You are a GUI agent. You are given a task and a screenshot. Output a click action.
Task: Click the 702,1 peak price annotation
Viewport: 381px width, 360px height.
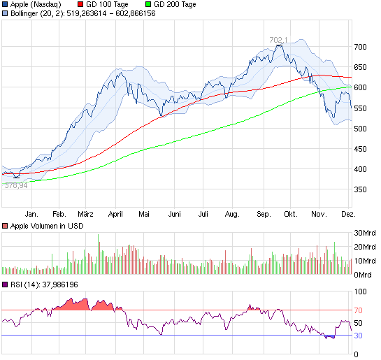click(x=279, y=40)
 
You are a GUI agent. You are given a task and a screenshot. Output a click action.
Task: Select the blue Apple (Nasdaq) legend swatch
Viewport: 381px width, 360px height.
click(x=6, y=4)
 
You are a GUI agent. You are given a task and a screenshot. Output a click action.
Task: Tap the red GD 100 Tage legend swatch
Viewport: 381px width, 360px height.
click(x=80, y=4)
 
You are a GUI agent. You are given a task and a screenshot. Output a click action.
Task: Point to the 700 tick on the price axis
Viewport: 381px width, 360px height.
click(x=360, y=47)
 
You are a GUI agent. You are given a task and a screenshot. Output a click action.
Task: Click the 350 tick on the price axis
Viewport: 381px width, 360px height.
click(x=360, y=189)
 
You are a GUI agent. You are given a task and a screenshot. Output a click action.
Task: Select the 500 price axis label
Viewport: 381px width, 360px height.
click(x=360, y=129)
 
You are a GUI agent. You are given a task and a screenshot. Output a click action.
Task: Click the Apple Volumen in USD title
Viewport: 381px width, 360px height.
click(x=43, y=225)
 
